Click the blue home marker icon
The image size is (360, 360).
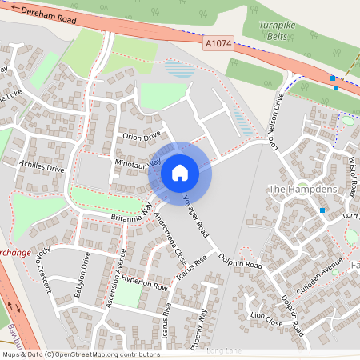coord(180,172)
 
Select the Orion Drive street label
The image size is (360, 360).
coord(142,137)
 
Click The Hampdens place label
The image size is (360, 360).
coord(302,189)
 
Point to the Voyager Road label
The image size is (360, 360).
coord(196,215)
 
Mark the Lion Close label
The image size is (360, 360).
coord(267,319)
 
